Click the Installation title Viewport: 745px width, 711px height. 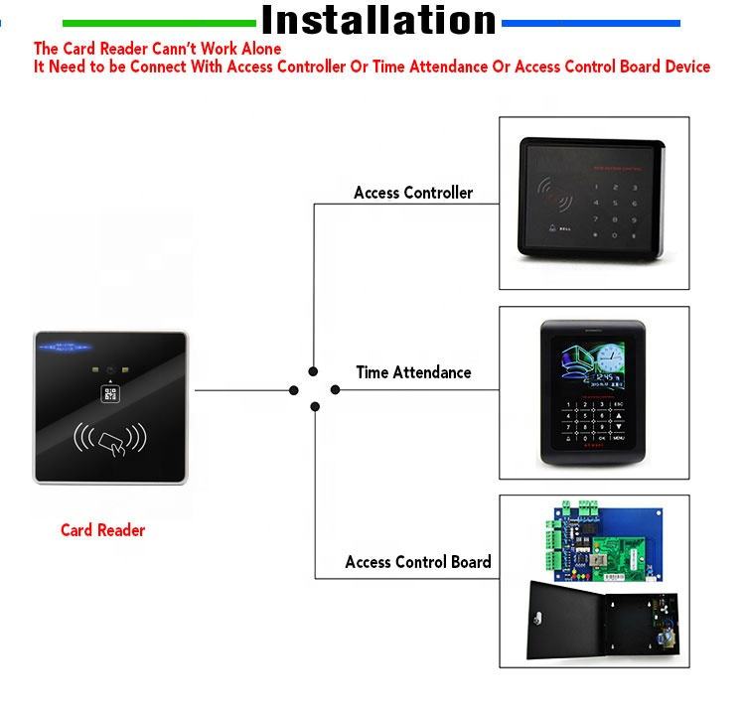(378, 20)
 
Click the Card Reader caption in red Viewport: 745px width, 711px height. (102, 530)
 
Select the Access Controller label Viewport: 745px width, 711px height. (413, 193)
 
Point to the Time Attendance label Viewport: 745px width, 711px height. (413, 372)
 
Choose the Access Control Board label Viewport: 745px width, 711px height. (418, 562)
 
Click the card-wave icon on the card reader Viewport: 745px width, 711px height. (110, 439)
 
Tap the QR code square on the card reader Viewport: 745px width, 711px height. (110, 394)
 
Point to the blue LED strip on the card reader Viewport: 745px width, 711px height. (66, 348)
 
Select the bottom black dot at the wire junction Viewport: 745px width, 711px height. (315, 406)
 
